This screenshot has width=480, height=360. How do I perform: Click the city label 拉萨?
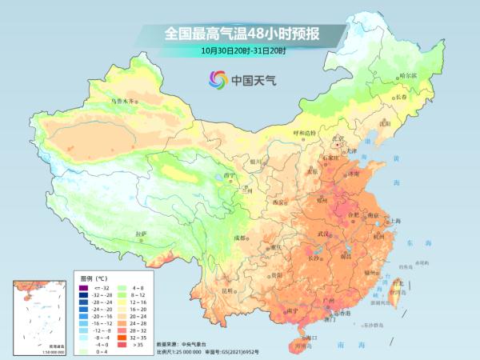142,234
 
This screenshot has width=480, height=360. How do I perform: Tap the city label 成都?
239,238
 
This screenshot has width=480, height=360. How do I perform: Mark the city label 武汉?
324,233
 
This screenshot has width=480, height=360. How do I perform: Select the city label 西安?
278,202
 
